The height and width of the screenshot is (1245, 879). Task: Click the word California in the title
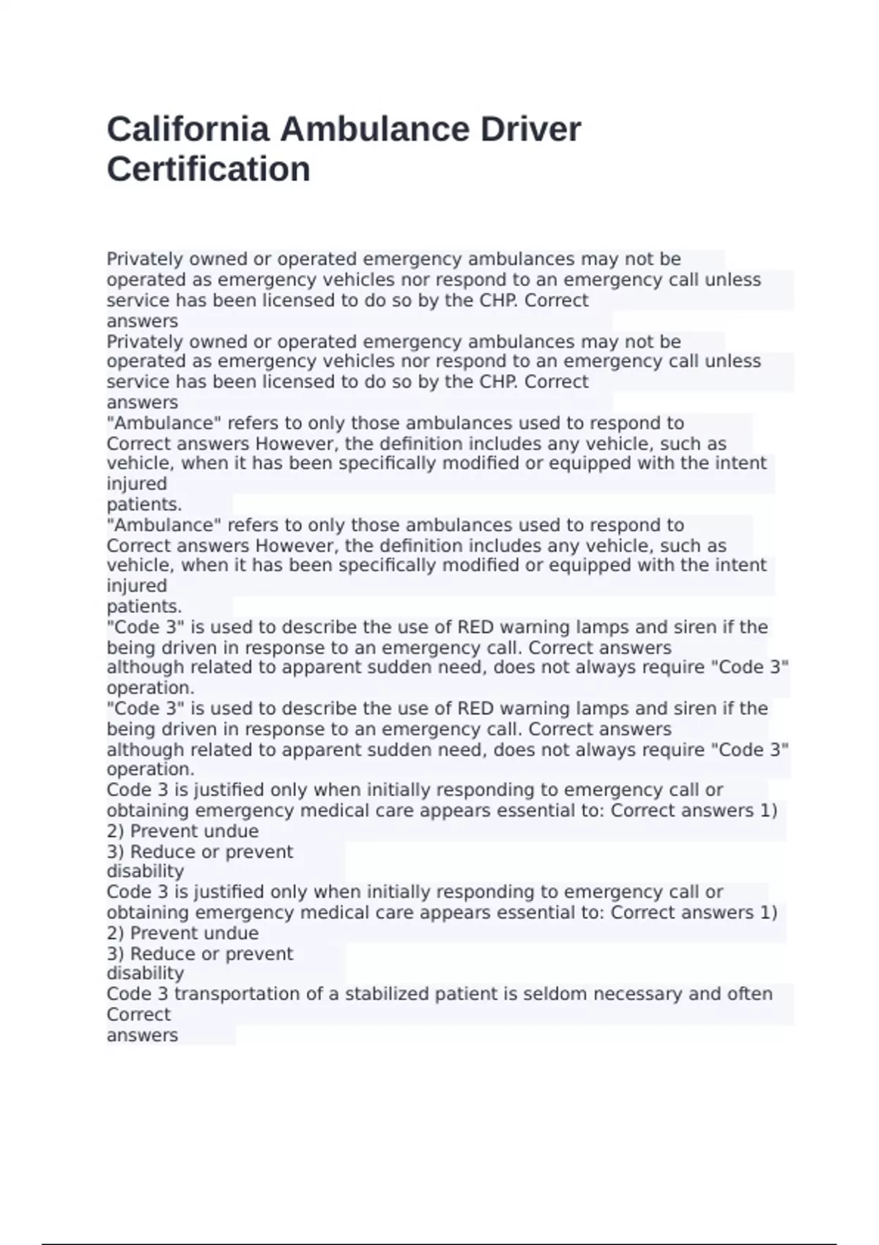point(187,130)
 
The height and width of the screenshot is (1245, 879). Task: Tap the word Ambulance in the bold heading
point(374,130)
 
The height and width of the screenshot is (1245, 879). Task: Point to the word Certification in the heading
point(209,169)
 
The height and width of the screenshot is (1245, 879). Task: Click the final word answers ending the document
point(142,1035)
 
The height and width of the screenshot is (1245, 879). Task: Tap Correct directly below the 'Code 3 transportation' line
point(138,1014)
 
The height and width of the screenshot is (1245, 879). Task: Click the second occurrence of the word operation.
point(150,770)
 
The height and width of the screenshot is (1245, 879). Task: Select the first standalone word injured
point(137,484)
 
